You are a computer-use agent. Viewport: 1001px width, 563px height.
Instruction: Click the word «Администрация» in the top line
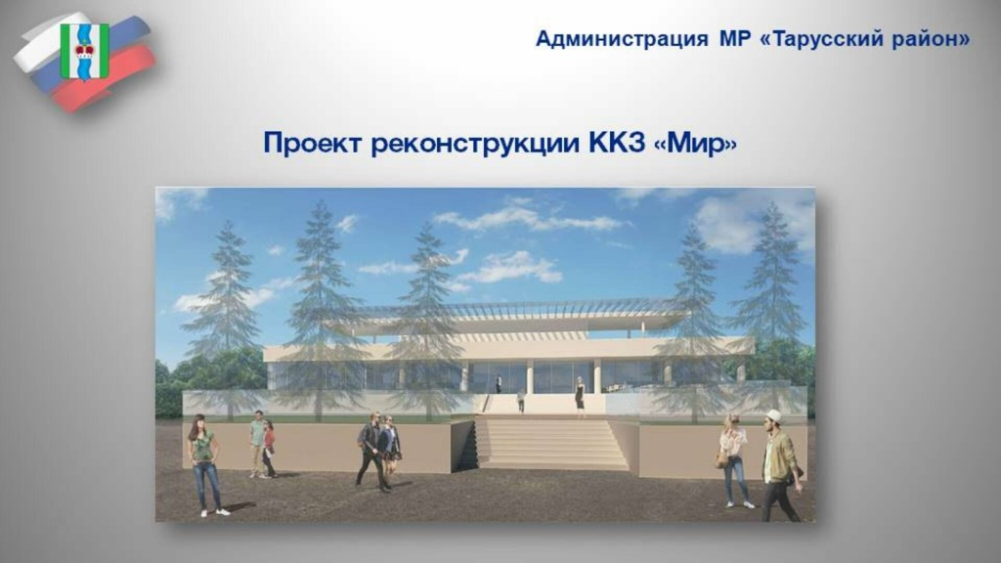coord(621,39)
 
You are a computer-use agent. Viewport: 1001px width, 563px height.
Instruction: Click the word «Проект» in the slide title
coord(313,144)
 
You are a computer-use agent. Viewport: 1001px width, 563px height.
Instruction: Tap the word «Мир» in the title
coord(696,144)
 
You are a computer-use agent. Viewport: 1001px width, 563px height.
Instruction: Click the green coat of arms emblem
coord(84,51)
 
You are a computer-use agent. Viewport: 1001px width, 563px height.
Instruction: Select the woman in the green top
coord(204,461)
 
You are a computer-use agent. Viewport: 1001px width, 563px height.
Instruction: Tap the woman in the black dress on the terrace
coord(580,395)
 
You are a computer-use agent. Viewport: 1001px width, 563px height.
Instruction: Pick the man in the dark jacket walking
coord(371,450)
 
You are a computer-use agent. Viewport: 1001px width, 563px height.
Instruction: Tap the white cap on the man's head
coord(774,415)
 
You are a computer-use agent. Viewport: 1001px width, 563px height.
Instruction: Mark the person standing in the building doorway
coord(499,384)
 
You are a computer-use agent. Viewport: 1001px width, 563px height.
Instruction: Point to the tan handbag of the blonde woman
coord(721,459)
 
